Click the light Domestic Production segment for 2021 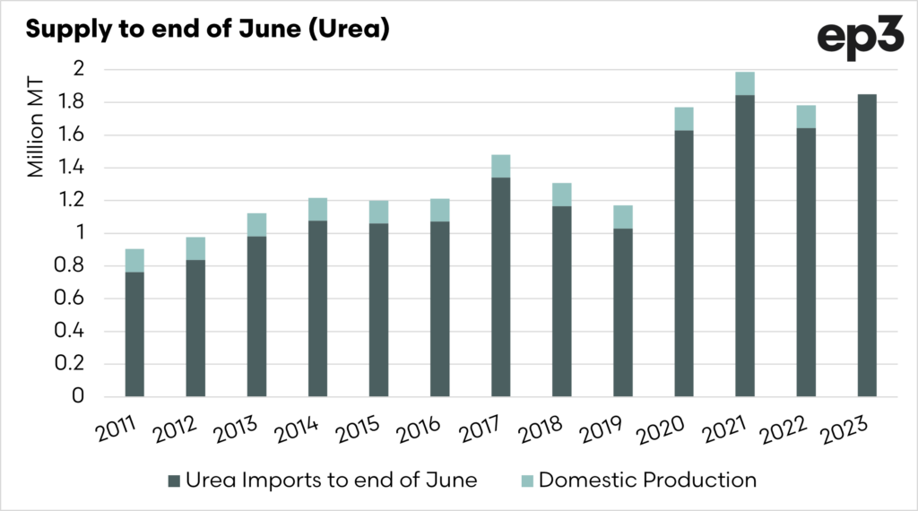point(745,83)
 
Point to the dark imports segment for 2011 point(134,333)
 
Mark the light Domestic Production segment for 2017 point(500,166)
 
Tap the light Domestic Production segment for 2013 point(256,225)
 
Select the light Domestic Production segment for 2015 point(378,212)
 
